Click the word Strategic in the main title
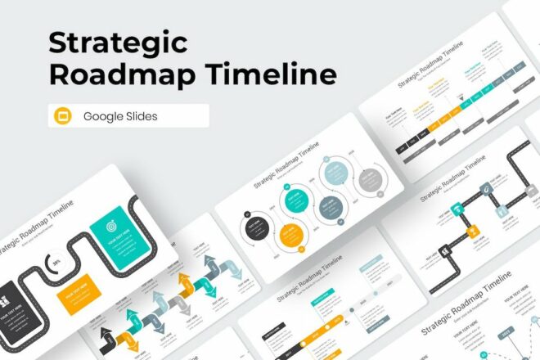[x=118, y=42]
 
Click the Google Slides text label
[x=120, y=116]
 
